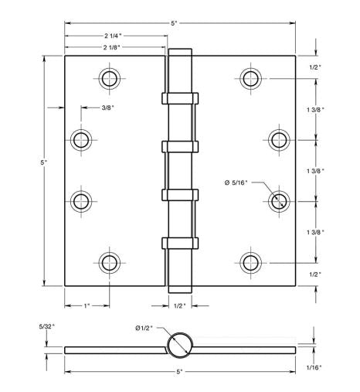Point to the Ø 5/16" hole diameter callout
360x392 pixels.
point(237,182)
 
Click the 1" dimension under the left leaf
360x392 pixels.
point(87,306)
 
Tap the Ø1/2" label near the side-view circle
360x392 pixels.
point(145,329)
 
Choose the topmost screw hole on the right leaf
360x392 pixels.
point(250,78)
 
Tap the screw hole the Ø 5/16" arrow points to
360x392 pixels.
point(279,200)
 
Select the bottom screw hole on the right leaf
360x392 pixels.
point(250,261)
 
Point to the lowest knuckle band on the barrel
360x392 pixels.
point(179,242)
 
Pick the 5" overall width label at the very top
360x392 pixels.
point(176,24)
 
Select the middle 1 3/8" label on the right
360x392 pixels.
point(314,170)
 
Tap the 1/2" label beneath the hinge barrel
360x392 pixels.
point(179,306)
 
